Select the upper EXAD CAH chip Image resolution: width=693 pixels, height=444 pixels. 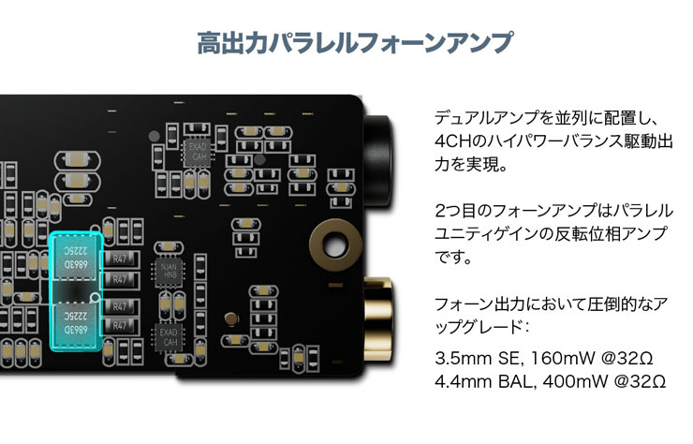(x=198, y=152)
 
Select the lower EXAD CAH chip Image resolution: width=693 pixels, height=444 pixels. (x=170, y=336)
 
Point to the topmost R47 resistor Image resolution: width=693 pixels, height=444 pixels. (x=120, y=258)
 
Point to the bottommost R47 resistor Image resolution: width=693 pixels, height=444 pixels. (x=120, y=324)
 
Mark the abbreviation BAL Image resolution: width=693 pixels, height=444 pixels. (x=518, y=382)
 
